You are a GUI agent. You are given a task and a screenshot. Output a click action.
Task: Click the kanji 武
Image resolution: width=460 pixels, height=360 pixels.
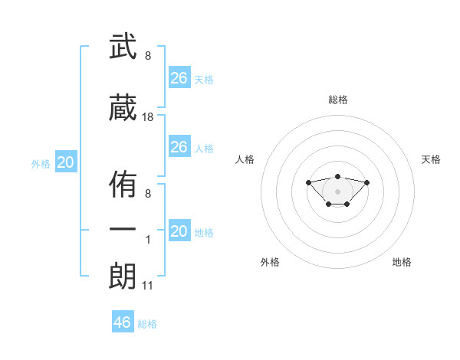pos(123,46)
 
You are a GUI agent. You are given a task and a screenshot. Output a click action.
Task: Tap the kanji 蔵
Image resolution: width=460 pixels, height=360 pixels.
pos(123,107)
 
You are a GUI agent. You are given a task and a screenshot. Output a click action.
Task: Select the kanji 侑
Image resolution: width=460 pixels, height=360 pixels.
pos(123,184)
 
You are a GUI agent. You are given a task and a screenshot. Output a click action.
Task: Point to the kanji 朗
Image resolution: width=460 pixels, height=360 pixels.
pos(123,276)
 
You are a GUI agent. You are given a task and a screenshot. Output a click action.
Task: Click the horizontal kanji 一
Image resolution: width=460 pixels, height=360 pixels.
pos(123,229)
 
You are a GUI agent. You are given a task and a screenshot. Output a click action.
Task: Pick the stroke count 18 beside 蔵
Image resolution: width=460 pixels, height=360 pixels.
pos(147,117)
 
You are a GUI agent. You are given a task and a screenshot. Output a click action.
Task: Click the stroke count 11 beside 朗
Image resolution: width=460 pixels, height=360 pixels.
pos(147,286)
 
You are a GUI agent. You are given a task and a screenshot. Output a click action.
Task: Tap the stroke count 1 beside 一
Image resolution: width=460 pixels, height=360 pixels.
pos(148,240)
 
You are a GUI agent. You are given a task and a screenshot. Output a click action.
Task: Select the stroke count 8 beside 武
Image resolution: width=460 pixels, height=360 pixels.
pos(148,56)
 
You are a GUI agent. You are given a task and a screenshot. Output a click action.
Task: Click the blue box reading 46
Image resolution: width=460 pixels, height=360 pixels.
pos(123,321)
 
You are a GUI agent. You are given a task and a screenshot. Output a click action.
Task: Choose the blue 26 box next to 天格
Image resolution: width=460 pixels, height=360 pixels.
pos(179,77)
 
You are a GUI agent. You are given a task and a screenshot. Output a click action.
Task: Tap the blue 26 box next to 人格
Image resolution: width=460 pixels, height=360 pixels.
pos(179,146)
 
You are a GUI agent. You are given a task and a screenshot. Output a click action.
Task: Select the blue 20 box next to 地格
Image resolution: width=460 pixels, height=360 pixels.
pos(179,230)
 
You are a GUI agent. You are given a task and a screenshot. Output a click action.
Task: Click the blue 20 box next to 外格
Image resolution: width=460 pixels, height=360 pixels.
pos(66,162)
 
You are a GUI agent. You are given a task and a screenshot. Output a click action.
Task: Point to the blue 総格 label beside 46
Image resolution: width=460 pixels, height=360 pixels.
pos(147,324)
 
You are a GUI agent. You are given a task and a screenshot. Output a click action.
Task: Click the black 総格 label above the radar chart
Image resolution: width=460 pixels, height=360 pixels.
pos(338,100)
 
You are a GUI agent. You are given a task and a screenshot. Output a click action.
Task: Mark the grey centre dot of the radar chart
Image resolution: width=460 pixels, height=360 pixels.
pos(337,191)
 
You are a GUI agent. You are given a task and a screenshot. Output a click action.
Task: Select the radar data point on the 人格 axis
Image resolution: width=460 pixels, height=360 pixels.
pos(308,182)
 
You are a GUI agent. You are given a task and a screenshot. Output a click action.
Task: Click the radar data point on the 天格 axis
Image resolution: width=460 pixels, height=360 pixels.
pos(366,182)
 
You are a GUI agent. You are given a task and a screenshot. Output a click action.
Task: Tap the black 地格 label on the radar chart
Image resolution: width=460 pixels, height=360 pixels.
pos(402,262)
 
